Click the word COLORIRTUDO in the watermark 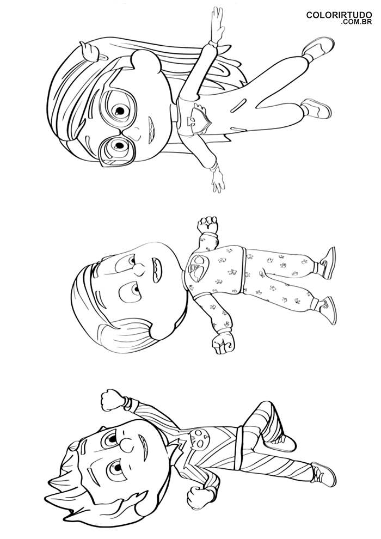[x=339, y=15]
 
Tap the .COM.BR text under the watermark [x=357, y=22]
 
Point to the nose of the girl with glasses [x=137, y=131]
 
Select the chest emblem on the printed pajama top [x=197, y=268]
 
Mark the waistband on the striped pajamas [x=242, y=438]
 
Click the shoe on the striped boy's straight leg [x=324, y=474]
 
